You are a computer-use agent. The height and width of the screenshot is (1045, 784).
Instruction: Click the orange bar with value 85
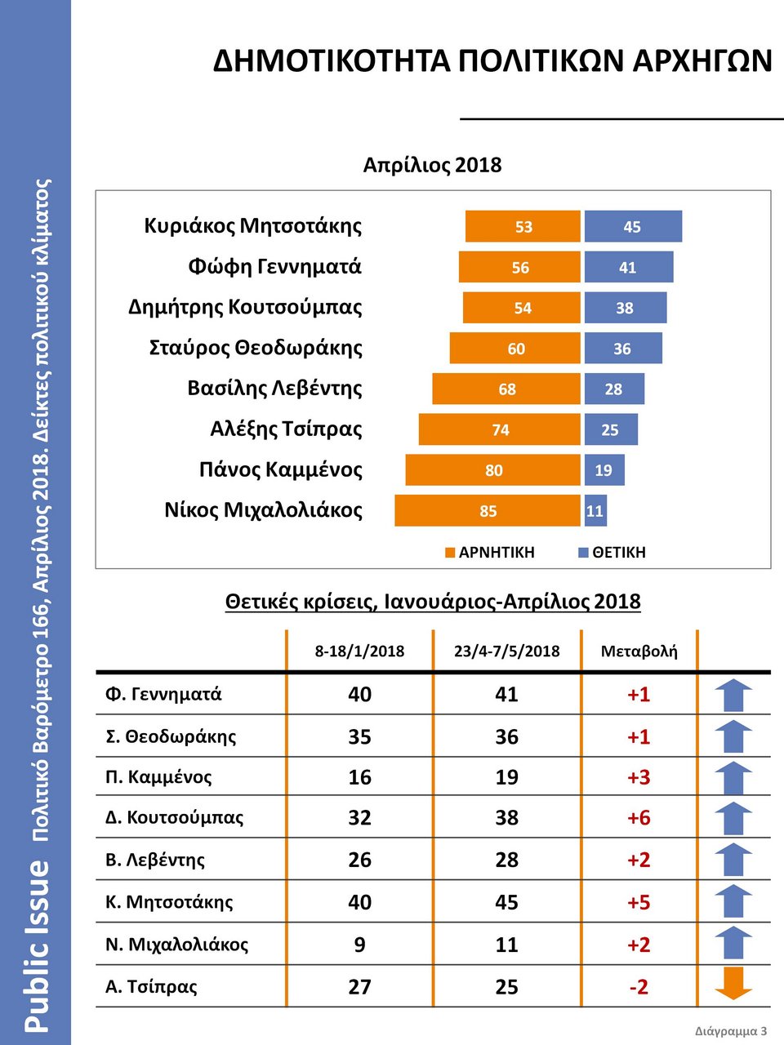(488, 511)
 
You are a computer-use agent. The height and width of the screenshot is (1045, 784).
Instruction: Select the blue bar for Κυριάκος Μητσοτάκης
(633, 227)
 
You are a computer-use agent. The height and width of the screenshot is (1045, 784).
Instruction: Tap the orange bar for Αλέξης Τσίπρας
(500, 429)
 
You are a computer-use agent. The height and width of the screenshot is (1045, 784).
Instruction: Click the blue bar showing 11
(595, 511)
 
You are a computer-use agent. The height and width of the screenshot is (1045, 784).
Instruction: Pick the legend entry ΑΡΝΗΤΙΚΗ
(490, 553)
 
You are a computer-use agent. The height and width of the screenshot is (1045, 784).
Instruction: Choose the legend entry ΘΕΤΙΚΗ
(612, 553)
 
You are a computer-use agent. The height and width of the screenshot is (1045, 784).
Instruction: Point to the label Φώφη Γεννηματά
(274, 267)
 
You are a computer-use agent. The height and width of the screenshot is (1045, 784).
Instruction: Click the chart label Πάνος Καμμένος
(280, 469)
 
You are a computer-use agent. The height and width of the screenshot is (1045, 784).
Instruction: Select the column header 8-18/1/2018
(359, 651)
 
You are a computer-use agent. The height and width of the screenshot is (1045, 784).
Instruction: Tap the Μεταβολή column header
(639, 651)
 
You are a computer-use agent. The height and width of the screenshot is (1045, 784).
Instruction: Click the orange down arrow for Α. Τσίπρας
(733, 983)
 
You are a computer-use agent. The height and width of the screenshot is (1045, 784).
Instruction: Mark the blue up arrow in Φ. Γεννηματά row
(733, 696)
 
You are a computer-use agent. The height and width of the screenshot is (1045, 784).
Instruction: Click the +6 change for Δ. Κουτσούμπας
(639, 818)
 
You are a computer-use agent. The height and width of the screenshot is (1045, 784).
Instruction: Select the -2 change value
(639, 987)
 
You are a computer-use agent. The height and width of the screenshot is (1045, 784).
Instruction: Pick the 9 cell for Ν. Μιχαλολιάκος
(359, 945)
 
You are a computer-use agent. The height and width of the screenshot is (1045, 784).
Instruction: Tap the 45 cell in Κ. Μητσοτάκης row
(506, 902)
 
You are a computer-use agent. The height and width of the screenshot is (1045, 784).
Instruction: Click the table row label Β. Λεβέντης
(155, 860)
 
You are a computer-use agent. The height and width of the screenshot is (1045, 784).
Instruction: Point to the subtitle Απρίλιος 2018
(432, 165)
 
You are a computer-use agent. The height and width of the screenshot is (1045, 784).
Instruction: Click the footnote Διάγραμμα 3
(731, 1031)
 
